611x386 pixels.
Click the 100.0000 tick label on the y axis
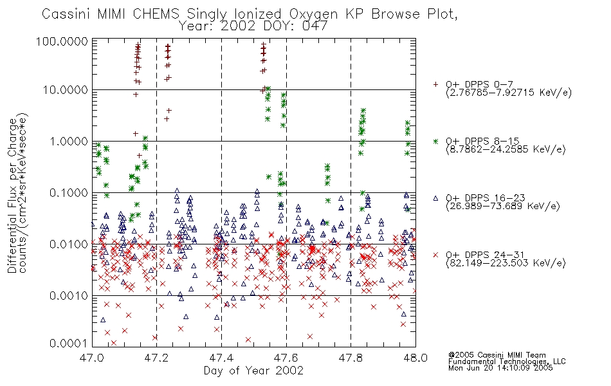coord(62,41)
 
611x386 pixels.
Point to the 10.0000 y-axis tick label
coord(66,90)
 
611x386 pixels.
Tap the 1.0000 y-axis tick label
coord(68,141)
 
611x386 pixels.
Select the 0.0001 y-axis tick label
coord(68,344)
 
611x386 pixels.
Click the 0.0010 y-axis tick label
coord(68,295)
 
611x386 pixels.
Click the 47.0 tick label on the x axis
coord(92,358)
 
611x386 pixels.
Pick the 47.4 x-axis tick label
coord(221,358)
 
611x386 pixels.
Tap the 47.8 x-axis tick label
coord(351,358)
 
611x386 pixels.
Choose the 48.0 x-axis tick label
coord(415,358)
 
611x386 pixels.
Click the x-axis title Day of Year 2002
coord(253,371)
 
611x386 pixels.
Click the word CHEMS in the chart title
coord(156,14)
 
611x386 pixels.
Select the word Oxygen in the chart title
coord(314,15)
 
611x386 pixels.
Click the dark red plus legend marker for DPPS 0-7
coord(435,84)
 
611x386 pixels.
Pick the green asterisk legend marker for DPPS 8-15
coord(435,141)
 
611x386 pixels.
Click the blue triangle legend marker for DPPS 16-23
coord(435,198)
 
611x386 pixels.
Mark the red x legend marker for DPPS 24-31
coord(435,255)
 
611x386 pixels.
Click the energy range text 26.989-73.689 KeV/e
coord(503,207)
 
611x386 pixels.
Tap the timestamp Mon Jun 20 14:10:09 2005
coord(500,367)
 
